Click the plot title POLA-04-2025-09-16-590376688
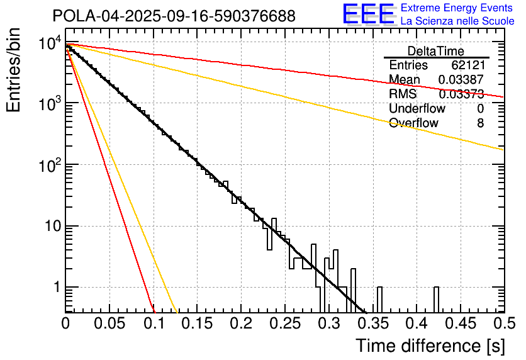tap(174, 16)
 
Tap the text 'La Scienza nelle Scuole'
tap(457, 21)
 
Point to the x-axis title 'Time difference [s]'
tap(430, 346)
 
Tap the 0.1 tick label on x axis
tap(154, 323)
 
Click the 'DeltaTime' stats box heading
tap(436, 51)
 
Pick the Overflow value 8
tap(480, 123)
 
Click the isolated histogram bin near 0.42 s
tap(436, 299)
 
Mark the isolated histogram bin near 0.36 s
tap(379, 299)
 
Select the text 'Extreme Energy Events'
tap(457, 8)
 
